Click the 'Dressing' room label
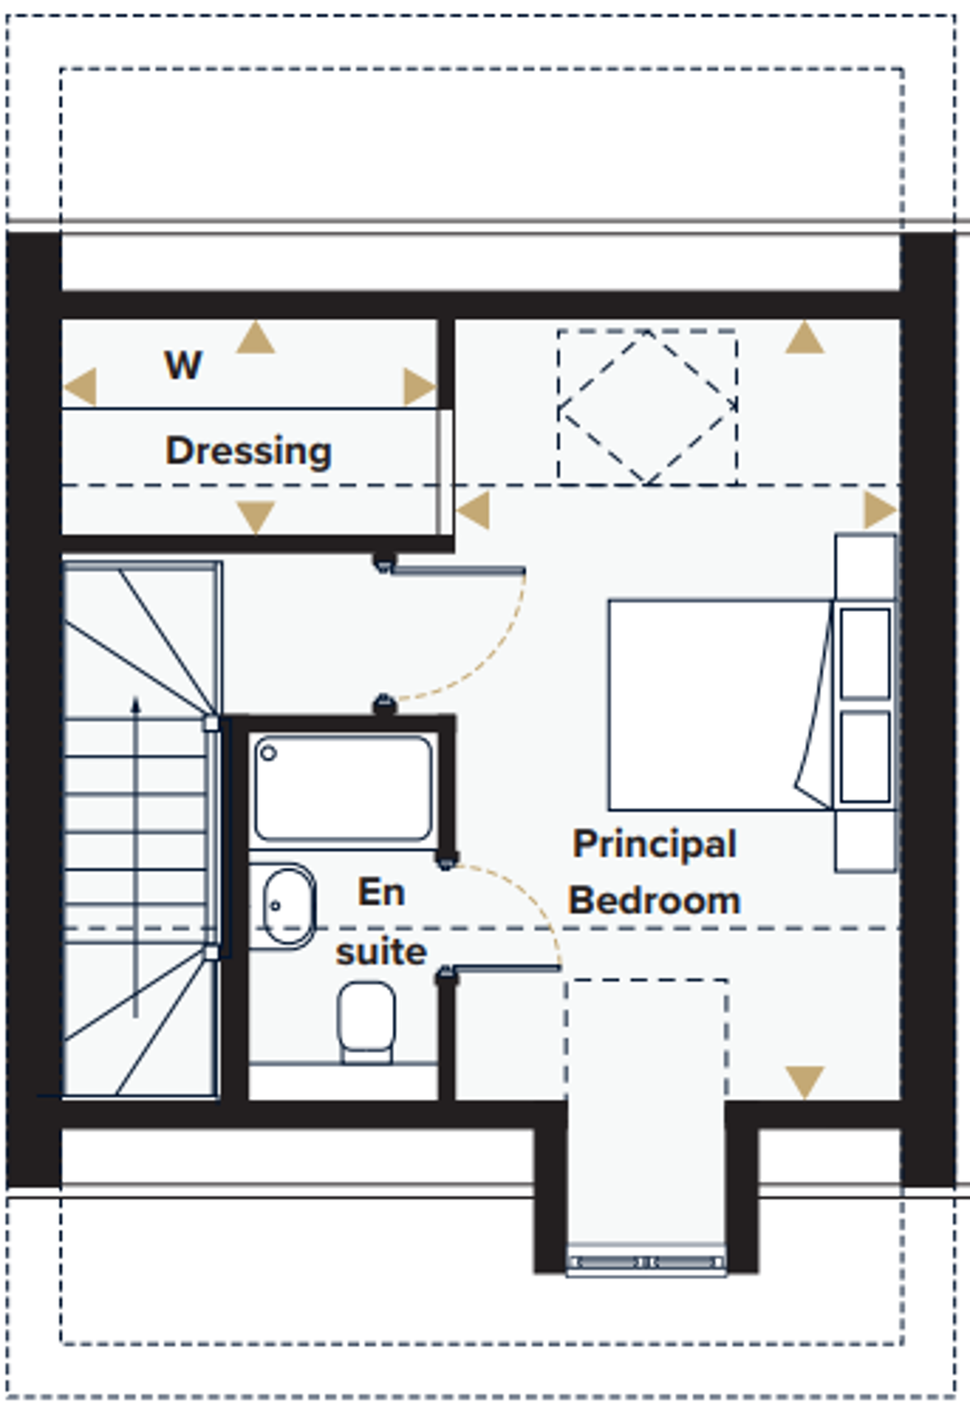coord(248,451)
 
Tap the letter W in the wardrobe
coord(183,365)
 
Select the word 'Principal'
coord(655,845)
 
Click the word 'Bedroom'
coord(655,900)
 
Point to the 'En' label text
coord(381,892)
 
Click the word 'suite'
coord(381,952)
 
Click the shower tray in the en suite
coord(343,789)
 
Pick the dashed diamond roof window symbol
coord(647,406)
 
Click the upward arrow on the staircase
coord(136,857)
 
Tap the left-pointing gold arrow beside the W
coord(80,385)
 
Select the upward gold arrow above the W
coord(255,337)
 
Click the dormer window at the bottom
coord(646,1261)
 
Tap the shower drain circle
coord(268,754)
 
